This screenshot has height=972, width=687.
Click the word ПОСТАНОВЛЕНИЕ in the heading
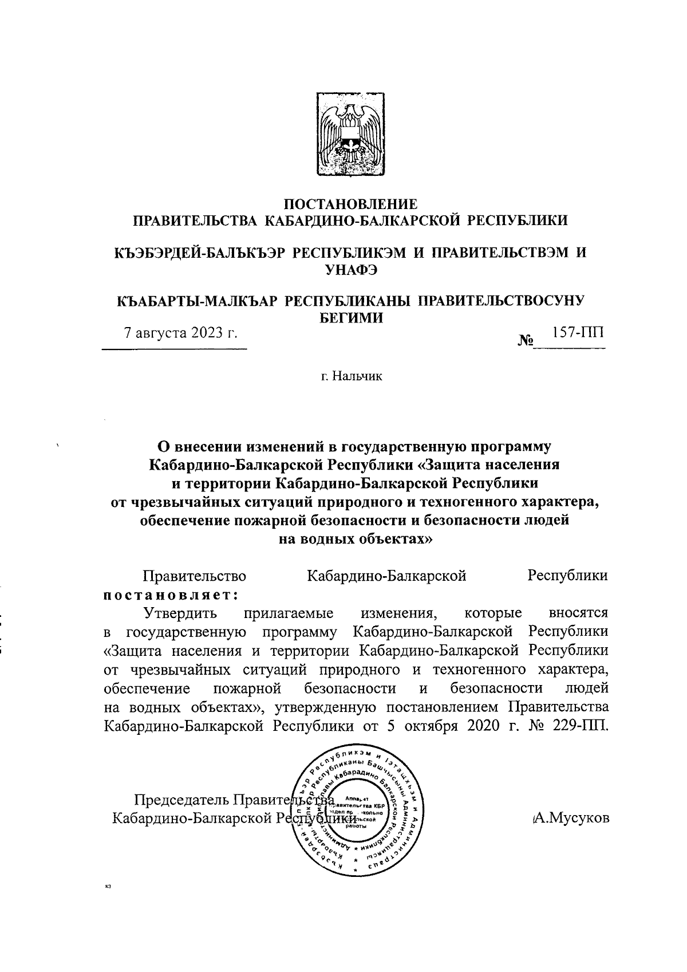pos(351,204)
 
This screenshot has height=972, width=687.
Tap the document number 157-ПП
pos(577,333)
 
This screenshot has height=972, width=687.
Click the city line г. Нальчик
pos(351,376)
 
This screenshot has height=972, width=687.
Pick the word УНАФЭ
pos(351,270)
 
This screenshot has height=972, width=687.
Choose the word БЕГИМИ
pos(351,318)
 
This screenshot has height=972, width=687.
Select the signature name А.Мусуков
pos(570,818)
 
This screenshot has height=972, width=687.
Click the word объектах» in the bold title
pos(386,539)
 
